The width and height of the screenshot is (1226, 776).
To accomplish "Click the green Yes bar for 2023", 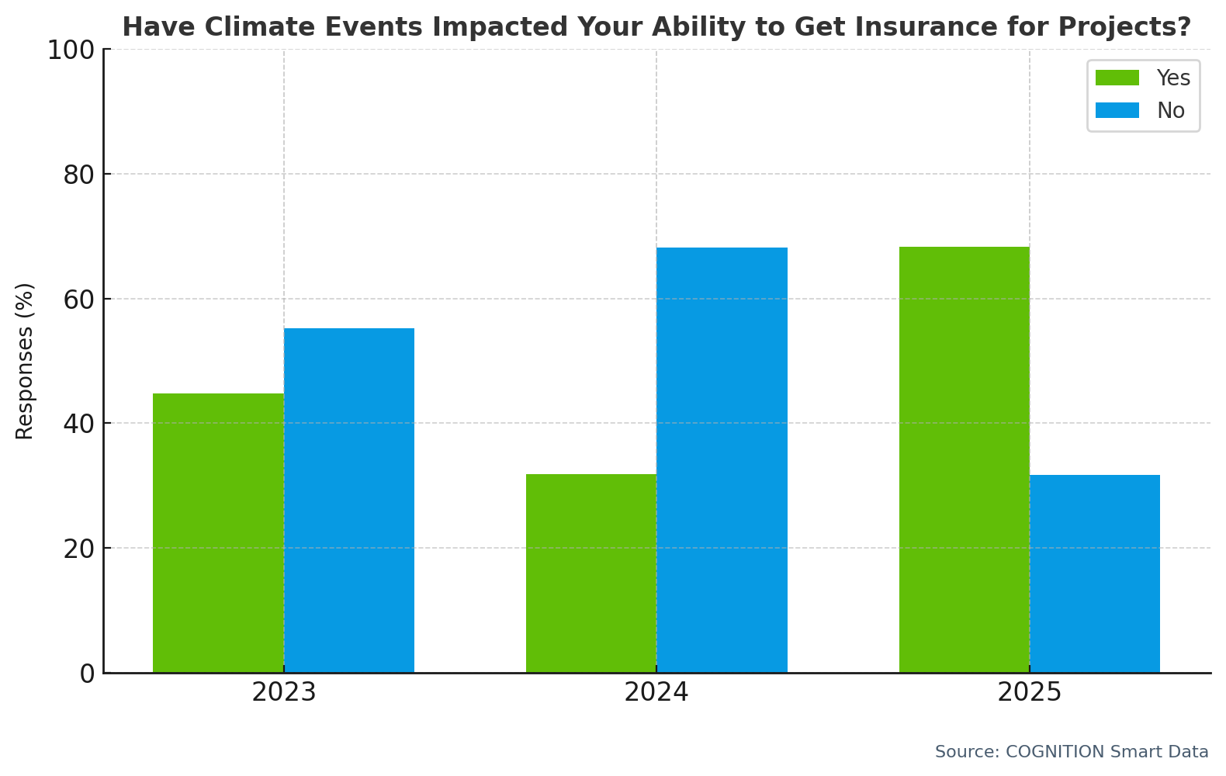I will coord(218,533).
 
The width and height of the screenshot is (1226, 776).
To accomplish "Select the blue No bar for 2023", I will coord(349,501).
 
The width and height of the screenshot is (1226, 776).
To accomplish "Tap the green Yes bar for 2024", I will coord(591,573).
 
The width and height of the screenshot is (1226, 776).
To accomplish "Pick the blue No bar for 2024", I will coord(722,460).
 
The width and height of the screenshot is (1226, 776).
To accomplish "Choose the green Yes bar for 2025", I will coord(965,459).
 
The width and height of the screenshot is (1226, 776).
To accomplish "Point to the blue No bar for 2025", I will coord(1095,573).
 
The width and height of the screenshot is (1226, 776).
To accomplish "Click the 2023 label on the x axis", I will coord(284,692).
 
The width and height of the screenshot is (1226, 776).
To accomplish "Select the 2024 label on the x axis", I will coord(656,692).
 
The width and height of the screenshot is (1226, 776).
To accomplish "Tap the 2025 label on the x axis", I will coord(1029,692).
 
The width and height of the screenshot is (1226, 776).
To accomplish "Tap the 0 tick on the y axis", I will coord(87,674).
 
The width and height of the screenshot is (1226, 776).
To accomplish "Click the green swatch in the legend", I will coord(1117,78).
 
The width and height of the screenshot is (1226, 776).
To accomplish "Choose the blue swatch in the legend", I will coord(1117,110).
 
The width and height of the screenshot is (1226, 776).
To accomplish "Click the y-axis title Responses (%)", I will coord(25,361).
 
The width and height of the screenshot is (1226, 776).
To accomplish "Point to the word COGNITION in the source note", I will coord(1055,752).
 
